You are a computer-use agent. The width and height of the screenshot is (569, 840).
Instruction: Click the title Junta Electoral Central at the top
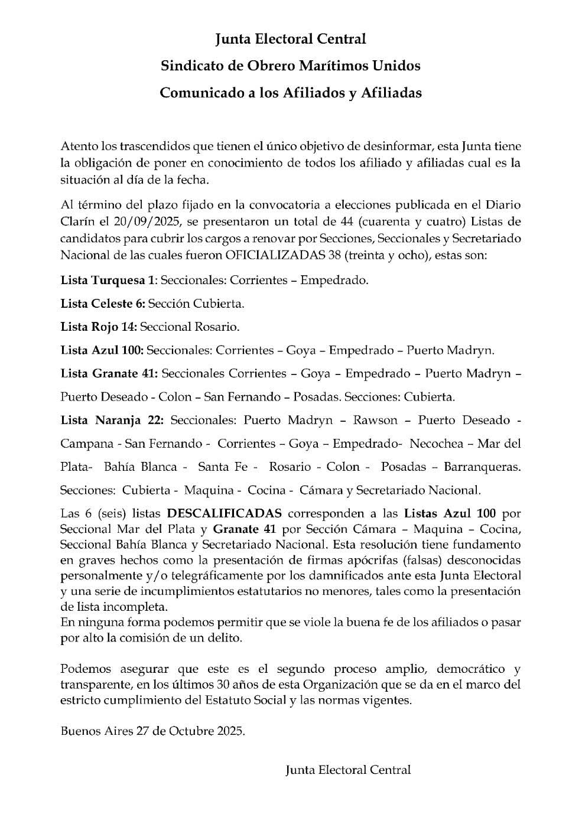tap(290, 39)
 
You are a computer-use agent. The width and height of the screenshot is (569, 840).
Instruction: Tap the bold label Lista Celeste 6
tap(102, 304)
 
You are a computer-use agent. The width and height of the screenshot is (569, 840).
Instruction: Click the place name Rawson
tap(375, 421)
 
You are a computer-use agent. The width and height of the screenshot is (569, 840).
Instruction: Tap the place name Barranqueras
tap(482, 467)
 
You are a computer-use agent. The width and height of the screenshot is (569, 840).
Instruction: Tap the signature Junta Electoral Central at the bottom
tap(348, 770)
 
